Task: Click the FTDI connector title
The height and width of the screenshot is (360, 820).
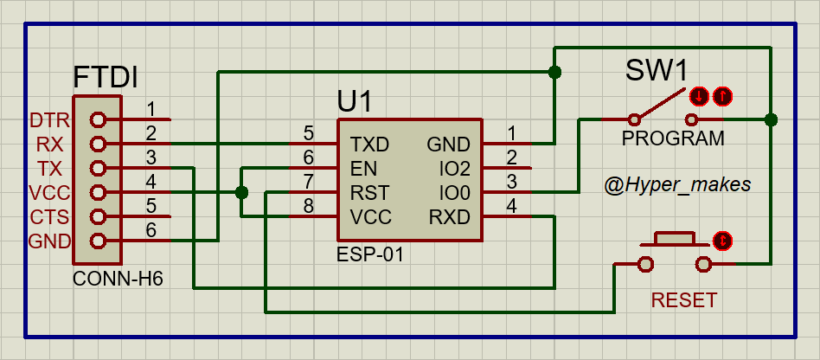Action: click(106, 77)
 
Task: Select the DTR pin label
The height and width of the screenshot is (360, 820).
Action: click(48, 119)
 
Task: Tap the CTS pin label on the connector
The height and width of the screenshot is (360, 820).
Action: click(48, 216)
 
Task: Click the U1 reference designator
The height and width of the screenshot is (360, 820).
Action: click(354, 101)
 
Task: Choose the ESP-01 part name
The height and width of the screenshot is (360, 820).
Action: click(370, 255)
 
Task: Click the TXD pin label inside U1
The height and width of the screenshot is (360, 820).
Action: click(369, 144)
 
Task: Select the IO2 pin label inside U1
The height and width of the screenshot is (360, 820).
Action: click(454, 168)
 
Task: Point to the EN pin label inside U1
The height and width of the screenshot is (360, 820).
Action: click(363, 168)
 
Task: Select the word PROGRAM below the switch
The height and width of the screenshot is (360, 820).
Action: click(673, 139)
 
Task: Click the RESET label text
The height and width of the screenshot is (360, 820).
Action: click(683, 300)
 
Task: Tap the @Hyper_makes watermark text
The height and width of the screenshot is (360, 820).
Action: click(678, 185)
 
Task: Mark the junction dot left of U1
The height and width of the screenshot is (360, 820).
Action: click(241, 192)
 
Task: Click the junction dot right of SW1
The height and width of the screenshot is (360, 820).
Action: click(772, 119)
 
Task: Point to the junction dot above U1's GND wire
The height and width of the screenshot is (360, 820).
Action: click(554, 72)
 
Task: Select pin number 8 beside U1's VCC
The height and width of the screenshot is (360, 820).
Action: click(307, 206)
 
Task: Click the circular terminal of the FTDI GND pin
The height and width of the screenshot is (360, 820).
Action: click(97, 241)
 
